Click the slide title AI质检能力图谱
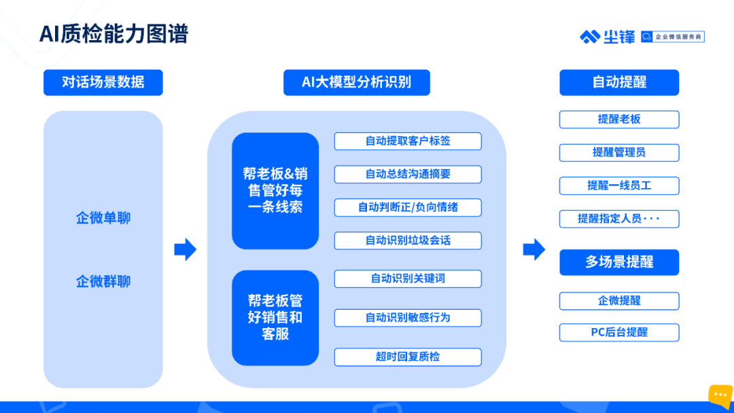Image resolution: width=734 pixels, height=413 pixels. tap(113, 34)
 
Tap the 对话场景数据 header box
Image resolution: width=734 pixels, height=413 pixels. tap(103, 82)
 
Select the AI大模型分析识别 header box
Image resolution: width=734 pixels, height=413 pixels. tap(357, 82)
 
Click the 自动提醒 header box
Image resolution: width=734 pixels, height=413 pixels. tap(619, 82)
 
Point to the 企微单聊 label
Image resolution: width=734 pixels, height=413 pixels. tap(103, 218)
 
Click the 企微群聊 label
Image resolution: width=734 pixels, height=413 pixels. tap(103, 282)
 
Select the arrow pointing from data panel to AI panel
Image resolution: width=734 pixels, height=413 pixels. tap(186, 249)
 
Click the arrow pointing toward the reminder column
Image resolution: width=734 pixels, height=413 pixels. tap(534, 249)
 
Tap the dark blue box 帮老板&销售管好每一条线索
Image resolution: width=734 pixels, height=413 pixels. tap(275, 191)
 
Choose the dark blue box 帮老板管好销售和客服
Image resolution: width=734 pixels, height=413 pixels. tap(275, 318)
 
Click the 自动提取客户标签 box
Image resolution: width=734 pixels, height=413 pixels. tap(408, 141)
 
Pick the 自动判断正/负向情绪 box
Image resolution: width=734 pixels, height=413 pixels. tap(408, 208)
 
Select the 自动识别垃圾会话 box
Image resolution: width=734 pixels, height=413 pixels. tap(408, 241)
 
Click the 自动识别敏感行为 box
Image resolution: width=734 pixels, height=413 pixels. tap(408, 318)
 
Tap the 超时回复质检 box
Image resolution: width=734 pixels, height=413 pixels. tap(408, 357)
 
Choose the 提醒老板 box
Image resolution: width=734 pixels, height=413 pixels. tap(619, 120)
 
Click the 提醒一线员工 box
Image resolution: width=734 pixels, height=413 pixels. tap(619, 185)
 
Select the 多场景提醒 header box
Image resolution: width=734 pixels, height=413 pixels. tap(619, 262)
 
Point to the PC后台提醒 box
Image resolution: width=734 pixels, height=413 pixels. tap(619, 333)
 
